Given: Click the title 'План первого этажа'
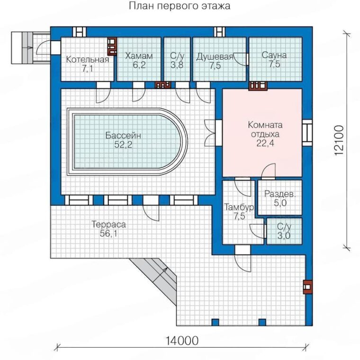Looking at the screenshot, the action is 180,6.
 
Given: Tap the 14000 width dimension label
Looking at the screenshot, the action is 182,341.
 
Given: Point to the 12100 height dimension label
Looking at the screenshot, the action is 339,140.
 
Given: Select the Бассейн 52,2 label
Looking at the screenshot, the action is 123,140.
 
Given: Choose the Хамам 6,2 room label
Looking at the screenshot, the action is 139,60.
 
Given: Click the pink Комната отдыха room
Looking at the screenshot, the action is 262,133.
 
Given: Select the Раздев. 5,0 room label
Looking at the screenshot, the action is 280,198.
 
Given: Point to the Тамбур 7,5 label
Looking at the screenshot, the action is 239,211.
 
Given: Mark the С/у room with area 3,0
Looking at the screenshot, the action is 284,231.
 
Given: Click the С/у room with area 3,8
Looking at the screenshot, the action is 177,59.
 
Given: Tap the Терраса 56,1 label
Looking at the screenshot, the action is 108,229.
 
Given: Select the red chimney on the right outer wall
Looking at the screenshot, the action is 307,287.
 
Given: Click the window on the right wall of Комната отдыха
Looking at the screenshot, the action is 307,133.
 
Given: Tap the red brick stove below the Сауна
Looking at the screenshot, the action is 258,86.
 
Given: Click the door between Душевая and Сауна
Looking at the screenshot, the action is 241,60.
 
